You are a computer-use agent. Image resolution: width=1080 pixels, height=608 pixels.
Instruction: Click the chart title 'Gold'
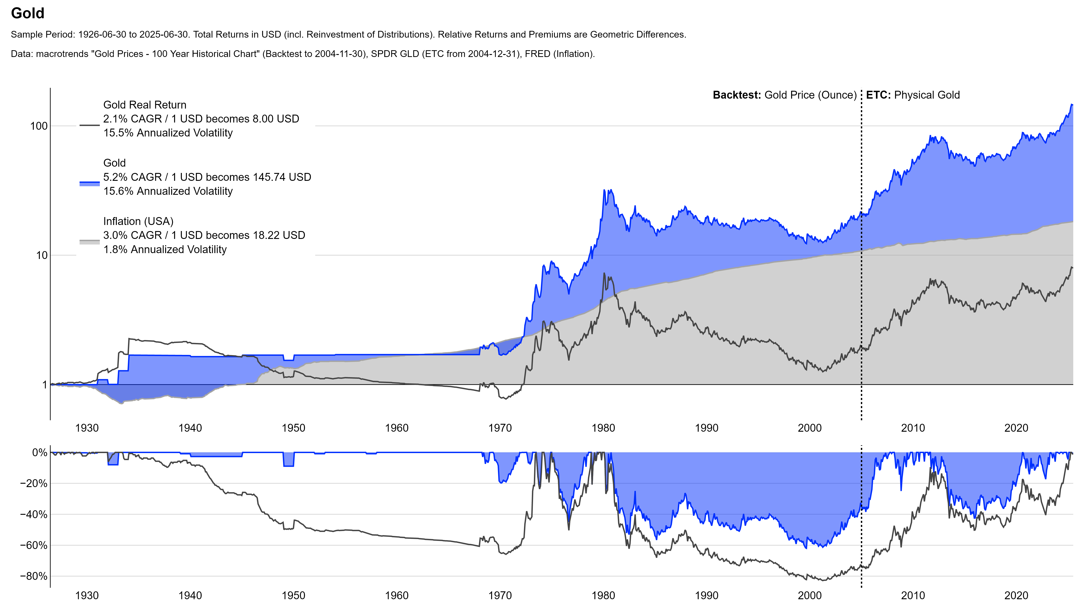[x=28, y=14]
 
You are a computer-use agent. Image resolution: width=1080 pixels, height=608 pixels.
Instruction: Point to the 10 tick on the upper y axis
[x=41, y=255]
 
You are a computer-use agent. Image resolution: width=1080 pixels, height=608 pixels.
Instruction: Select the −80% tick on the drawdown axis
[x=34, y=576]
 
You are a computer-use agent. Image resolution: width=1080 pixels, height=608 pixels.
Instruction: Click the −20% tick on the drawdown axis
[x=34, y=483]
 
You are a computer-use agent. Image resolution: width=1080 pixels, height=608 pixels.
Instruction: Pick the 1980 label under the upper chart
[x=603, y=428]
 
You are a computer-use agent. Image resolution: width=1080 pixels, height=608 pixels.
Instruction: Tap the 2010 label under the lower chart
[x=913, y=595]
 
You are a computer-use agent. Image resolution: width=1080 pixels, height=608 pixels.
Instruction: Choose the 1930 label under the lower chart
[x=87, y=595]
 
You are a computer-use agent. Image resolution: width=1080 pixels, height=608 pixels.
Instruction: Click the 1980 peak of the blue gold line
[x=604, y=190]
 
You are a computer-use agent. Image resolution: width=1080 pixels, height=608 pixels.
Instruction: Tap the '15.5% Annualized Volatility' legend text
[x=168, y=133]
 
